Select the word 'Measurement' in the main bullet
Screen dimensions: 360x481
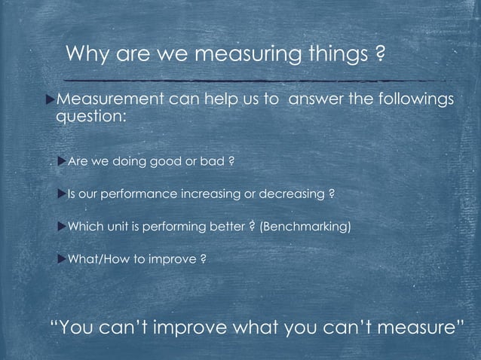(x=107, y=100)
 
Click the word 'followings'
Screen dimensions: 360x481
(x=417, y=100)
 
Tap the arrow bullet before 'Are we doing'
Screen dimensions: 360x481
(x=60, y=160)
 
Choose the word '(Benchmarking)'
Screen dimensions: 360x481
(x=305, y=227)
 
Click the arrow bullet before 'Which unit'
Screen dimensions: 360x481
(x=60, y=227)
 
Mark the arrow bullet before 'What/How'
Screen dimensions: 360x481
(x=60, y=260)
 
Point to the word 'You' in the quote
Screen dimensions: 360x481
(x=75, y=328)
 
